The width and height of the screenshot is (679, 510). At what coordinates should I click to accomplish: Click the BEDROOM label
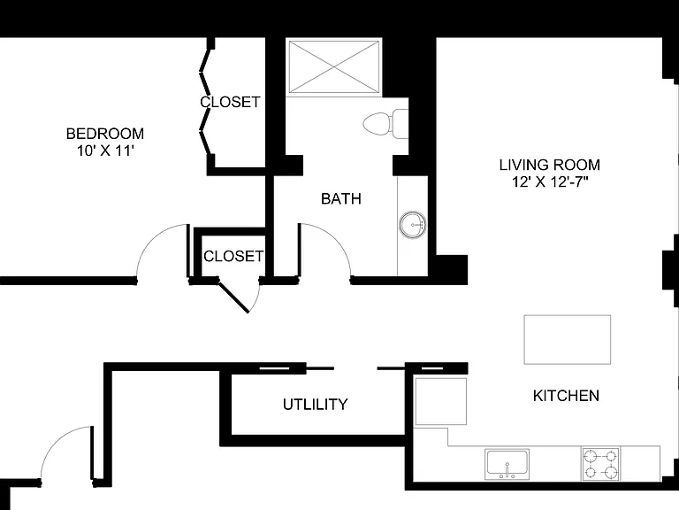[105, 134]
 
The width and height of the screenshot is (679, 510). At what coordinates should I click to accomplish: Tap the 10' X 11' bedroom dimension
[105, 151]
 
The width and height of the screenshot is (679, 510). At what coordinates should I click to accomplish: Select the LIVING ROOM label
[550, 165]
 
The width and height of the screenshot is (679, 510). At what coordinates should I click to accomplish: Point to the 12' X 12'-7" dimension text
[550, 182]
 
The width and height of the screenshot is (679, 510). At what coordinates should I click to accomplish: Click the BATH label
[341, 198]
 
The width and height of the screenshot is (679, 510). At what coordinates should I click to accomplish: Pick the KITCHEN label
[566, 396]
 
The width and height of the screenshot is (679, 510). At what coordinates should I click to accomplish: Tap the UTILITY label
[316, 404]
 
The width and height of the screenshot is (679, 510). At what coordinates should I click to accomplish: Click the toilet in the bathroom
[385, 125]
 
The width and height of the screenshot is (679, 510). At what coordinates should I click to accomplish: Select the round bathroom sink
[412, 225]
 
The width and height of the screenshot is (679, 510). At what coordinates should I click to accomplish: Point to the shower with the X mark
[334, 66]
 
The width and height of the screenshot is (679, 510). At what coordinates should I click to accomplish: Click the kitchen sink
[507, 464]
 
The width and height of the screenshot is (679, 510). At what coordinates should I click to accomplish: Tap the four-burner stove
[600, 464]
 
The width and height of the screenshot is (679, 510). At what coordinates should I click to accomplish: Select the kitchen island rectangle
[568, 340]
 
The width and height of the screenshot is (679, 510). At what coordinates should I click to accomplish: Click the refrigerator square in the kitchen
[441, 401]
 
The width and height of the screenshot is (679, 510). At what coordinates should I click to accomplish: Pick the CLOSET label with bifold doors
[230, 102]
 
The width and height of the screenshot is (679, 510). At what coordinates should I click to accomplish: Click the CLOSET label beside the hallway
[233, 256]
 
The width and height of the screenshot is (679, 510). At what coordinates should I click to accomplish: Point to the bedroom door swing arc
[151, 237]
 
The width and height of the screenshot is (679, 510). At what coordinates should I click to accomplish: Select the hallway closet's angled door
[233, 297]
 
